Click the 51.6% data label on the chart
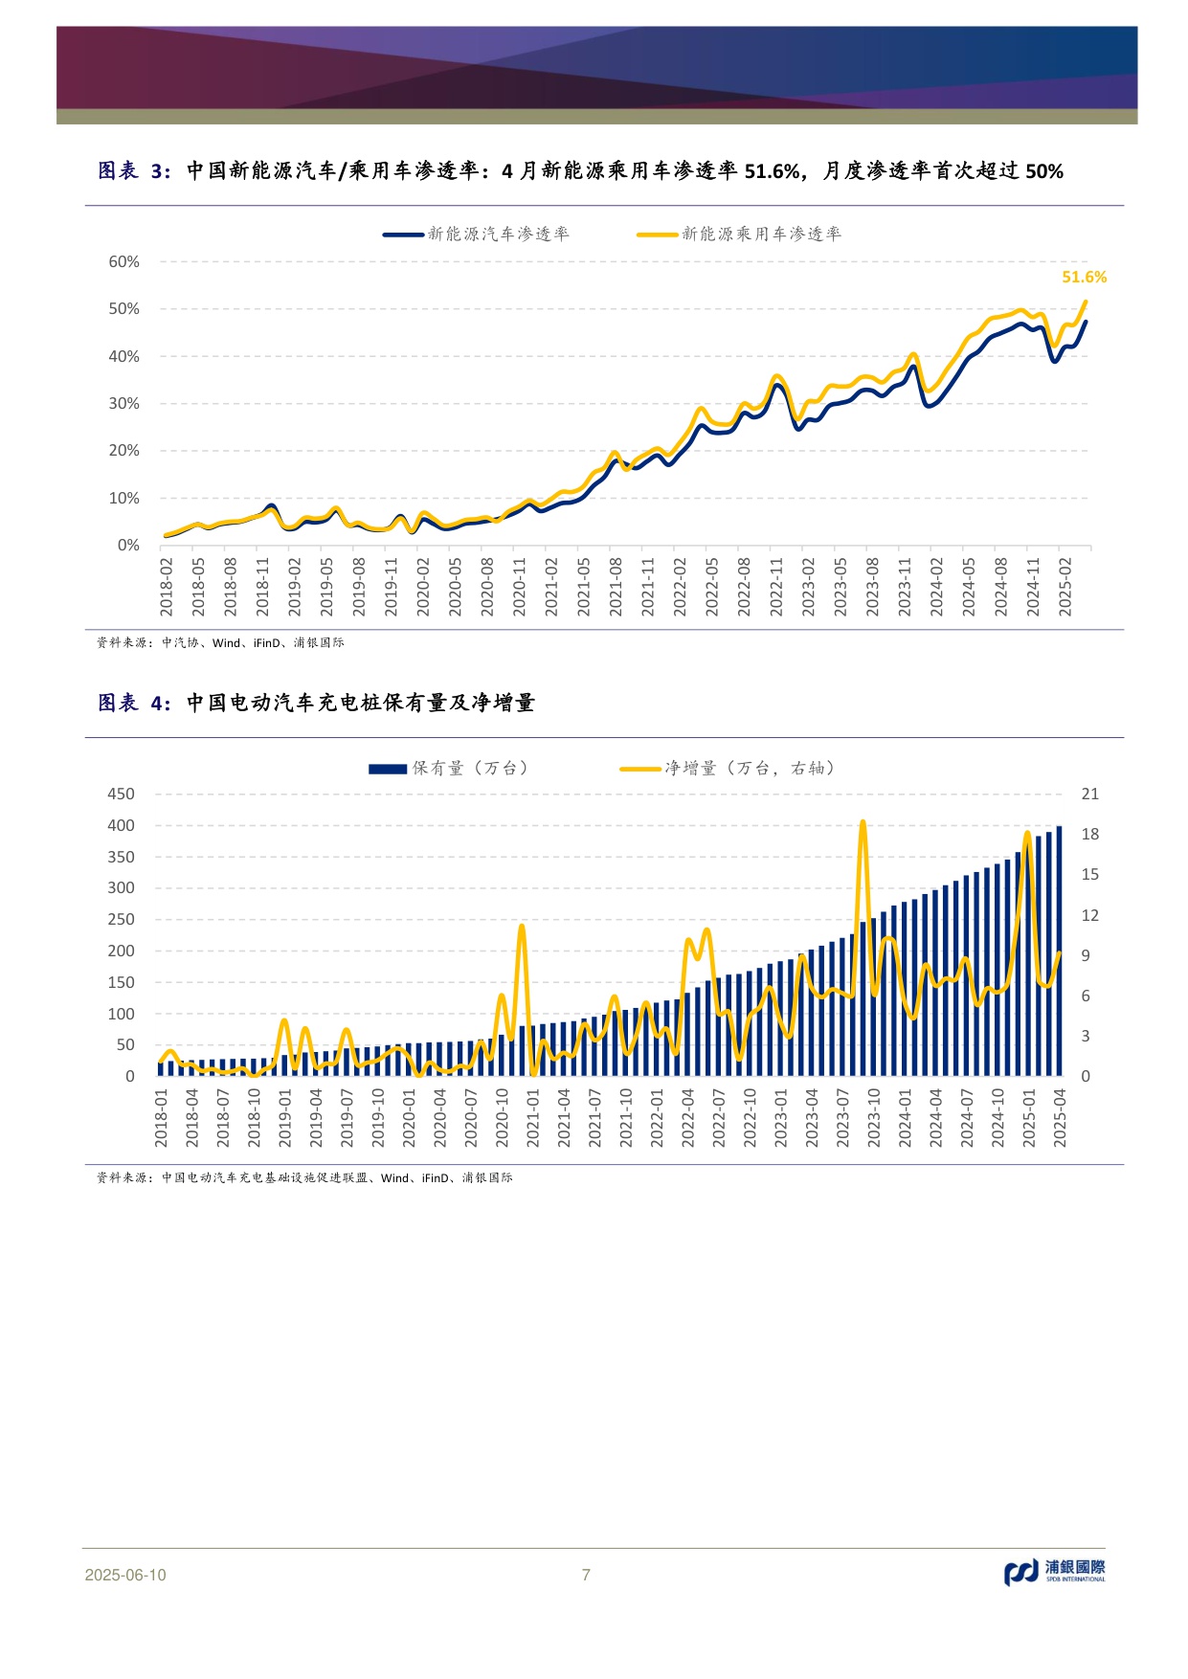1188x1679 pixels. coord(1084,277)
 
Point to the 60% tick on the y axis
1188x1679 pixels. coord(123,261)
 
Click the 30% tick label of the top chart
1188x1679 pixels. coord(123,403)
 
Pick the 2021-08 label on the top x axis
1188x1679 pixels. coord(616,586)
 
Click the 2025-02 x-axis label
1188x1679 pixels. coord(1065,586)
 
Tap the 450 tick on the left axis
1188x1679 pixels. coord(121,794)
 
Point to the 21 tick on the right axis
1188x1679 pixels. coord(1089,794)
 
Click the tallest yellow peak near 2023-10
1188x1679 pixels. coord(863,822)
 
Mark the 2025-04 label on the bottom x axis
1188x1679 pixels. coord(1060,1117)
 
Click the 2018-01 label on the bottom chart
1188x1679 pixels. coord(162,1117)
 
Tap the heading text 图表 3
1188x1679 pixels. coord(134,171)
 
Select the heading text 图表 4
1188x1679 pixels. coord(134,704)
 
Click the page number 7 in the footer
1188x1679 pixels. coord(586,1575)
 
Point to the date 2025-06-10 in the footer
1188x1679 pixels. coord(125,1575)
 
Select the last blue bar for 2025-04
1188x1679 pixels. coord(1059,951)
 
